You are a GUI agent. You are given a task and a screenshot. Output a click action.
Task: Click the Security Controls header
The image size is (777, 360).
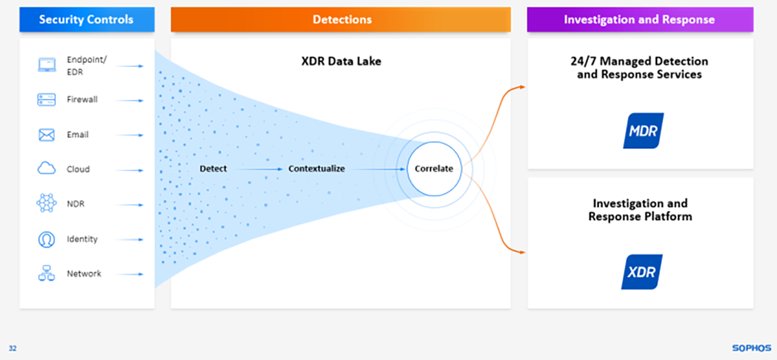pyautogui.click(x=86, y=19)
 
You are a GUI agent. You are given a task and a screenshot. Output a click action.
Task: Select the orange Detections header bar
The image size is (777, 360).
pyautogui.click(x=341, y=19)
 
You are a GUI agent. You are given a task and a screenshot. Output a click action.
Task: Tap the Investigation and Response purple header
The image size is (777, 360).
pyautogui.click(x=639, y=19)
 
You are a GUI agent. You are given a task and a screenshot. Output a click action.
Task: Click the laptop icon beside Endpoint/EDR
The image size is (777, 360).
pyautogui.click(x=46, y=65)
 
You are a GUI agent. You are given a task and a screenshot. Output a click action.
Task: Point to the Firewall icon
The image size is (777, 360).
pyautogui.click(x=46, y=100)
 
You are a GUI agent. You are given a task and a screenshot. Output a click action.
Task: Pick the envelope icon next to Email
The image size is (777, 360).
pyautogui.click(x=46, y=135)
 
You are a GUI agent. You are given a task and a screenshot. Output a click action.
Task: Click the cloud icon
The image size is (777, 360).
pyautogui.click(x=46, y=169)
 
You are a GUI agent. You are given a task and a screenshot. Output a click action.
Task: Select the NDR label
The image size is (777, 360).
pyautogui.click(x=75, y=204)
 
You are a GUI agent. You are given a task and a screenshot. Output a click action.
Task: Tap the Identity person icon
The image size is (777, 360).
pyautogui.click(x=46, y=239)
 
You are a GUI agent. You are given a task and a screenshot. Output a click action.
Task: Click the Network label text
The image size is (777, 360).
pyautogui.click(x=83, y=274)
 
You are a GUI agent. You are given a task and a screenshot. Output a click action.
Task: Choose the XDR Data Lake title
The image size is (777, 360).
pyautogui.click(x=341, y=61)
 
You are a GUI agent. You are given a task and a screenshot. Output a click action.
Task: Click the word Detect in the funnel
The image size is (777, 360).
pyautogui.click(x=213, y=169)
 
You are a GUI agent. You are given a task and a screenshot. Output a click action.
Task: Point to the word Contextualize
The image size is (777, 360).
pyautogui.click(x=316, y=169)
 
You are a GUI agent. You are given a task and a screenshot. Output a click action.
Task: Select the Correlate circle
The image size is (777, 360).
pyautogui.click(x=434, y=169)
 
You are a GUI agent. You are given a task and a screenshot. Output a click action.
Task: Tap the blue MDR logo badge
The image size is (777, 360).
pyautogui.click(x=643, y=131)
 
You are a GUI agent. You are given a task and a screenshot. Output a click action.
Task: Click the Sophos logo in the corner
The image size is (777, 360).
pyautogui.click(x=751, y=348)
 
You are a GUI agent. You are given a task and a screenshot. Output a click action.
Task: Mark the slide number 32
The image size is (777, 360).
pyautogui.click(x=13, y=348)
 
